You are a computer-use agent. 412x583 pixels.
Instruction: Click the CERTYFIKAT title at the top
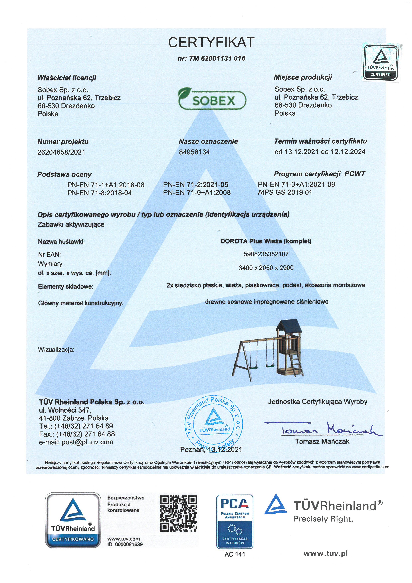click(211, 42)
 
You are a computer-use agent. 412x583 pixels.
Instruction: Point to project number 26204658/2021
click(61, 152)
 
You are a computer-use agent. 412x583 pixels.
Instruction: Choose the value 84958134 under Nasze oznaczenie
click(194, 152)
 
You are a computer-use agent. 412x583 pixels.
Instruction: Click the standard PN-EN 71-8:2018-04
click(100, 193)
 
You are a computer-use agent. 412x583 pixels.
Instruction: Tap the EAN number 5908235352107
click(266, 254)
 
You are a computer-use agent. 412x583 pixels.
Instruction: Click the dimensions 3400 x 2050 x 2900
click(266, 268)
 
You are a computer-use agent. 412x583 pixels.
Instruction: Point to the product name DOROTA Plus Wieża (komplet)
click(266, 241)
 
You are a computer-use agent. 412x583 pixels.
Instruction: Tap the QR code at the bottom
click(179, 513)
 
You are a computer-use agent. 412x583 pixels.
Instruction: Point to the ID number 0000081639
click(129, 544)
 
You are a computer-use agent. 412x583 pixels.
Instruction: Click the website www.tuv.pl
click(325, 554)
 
